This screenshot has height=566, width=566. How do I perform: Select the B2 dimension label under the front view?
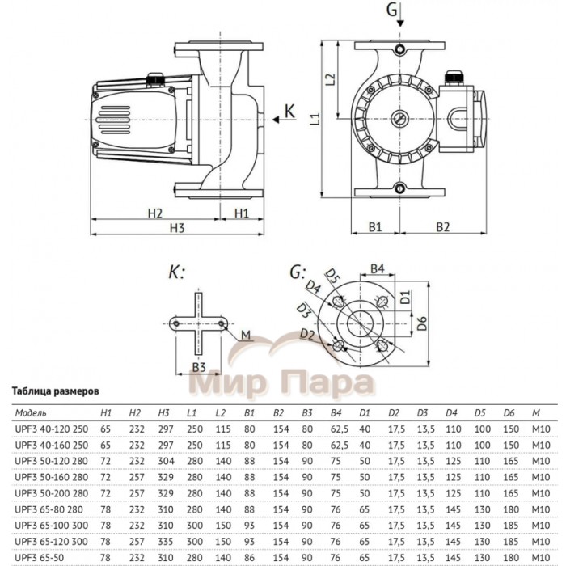click(442, 227)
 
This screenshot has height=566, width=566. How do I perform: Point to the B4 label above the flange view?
click(376, 268)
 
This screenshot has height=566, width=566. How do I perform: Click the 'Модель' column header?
click(31, 411)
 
